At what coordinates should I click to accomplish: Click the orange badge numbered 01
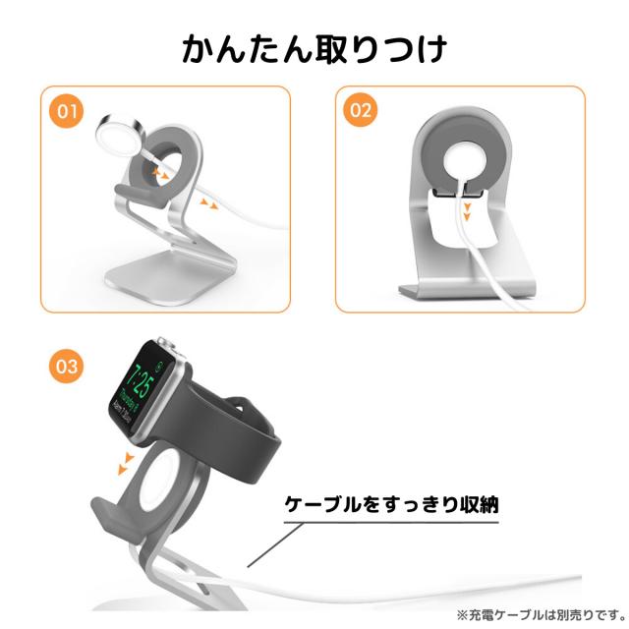pos(67,111)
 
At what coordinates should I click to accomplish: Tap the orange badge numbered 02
pos(361,110)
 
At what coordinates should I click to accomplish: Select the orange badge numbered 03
pos(67,366)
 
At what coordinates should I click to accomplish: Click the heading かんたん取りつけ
pos(314,49)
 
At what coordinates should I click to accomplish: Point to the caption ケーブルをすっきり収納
pos(391,504)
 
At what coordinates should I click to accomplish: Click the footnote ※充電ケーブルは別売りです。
pos(542,614)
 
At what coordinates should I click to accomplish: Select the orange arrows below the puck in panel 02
pos(466,212)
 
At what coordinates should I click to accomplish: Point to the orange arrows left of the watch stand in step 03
pos(125,464)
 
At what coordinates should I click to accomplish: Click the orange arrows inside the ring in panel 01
pos(160,173)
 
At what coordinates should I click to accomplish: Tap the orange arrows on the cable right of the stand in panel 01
pos(208,203)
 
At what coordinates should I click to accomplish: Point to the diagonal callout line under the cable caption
pos(275,544)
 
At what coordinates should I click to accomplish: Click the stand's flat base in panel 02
pos(468,291)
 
